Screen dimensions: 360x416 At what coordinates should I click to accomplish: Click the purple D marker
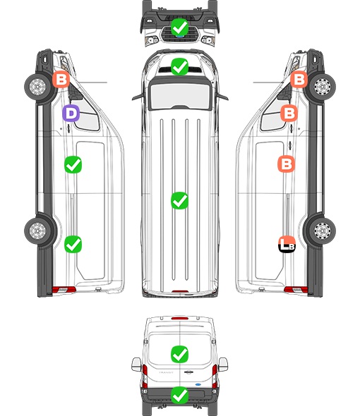point(71,114)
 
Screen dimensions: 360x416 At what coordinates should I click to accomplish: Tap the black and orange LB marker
point(287,244)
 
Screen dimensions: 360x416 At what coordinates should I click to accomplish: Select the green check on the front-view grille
point(179,27)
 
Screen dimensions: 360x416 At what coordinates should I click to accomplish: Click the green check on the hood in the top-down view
point(179,66)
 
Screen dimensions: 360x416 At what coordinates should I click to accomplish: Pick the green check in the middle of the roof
point(179,200)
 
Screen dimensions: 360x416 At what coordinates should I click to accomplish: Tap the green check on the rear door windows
point(179,354)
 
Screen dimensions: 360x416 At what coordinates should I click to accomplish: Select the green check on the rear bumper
point(179,395)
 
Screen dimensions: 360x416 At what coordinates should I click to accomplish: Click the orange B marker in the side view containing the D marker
point(61,79)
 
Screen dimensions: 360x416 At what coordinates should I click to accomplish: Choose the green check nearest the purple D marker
point(73,165)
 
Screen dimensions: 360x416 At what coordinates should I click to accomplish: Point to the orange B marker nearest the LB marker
point(287,164)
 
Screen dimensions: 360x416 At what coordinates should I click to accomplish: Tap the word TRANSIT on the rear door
point(166,372)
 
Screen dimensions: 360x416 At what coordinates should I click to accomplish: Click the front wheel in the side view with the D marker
point(37,87)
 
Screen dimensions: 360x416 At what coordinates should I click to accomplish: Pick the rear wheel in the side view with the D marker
point(37,231)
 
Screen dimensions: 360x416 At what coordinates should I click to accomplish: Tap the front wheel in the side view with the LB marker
point(322,87)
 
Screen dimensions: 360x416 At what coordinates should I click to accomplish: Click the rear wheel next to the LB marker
point(322,231)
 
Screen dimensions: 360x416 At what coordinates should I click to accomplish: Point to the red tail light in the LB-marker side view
point(296,290)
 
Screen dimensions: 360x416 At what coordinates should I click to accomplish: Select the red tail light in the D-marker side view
point(64,290)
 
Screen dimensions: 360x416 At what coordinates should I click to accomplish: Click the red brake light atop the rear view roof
point(180,318)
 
